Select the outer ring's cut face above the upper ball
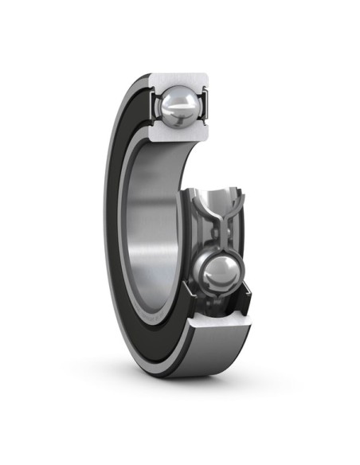(x=178, y=80)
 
